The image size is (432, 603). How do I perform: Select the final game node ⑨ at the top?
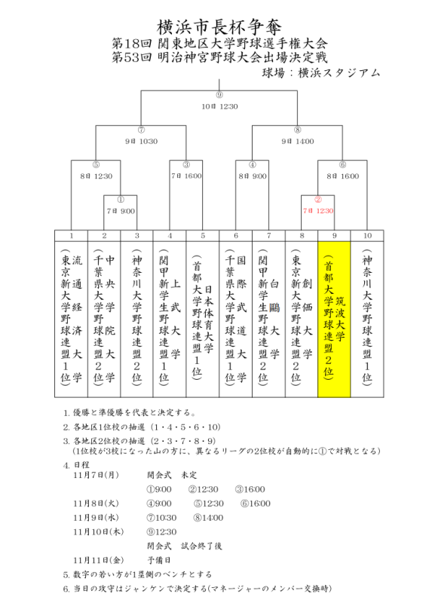[x=219, y=95]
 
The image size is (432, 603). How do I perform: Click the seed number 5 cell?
[x=202, y=236]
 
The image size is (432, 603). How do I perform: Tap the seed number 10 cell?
[x=366, y=236]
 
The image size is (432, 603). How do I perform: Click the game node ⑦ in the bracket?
[x=141, y=130]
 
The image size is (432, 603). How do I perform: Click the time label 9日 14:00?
[x=297, y=141]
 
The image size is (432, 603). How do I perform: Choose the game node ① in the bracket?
[x=121, y=200]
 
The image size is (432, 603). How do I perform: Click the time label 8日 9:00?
[x=252, y=176]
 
